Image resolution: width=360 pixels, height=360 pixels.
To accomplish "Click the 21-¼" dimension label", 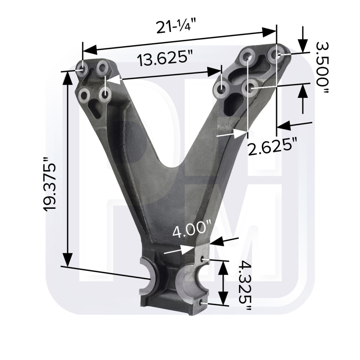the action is pyautogui.click(x=176, y=26).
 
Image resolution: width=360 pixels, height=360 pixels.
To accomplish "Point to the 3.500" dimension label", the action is pyautogui.click(x=322, y=68).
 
